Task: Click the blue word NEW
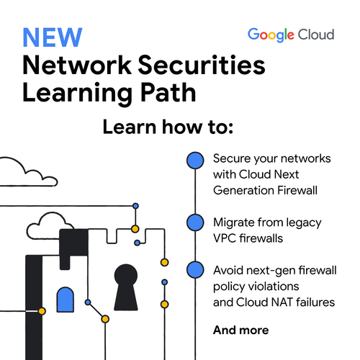pyautogui.click(x=53, y=37)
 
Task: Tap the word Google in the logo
pyautogui.click(x=271, y=35)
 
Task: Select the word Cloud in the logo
pyautogui.click(x=316, y=35)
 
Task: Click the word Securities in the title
pyautogui.click(x=202, y=65)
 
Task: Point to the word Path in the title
pyautogui.click(x=168, y=93)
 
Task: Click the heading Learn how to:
pyautogui.click(x=168, y=127)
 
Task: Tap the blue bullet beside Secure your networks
pyautogui.click(x=195, y=161)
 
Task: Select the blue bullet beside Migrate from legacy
pyautogui.click(x=195, y=222)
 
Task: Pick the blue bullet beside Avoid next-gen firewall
pyautogui.click(x=195, y=269)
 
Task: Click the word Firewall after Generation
pyautogui.click(x=297, y=190)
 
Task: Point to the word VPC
pyautogui.click(x=225, y=238)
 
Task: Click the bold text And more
pyautogui.click(x=241, y=330)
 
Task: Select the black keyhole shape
pyautogui.click(x=126, y=287)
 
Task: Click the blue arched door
pyautogui.click(x=66, y=300)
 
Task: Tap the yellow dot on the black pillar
pyautogui.click(x=42, y=311)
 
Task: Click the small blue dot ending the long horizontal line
pyautogui.click(x=135, y=206)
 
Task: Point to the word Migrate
pyautogui.click(x=234, y=223)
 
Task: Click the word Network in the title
pyautogui.click(x=77, y=65)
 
